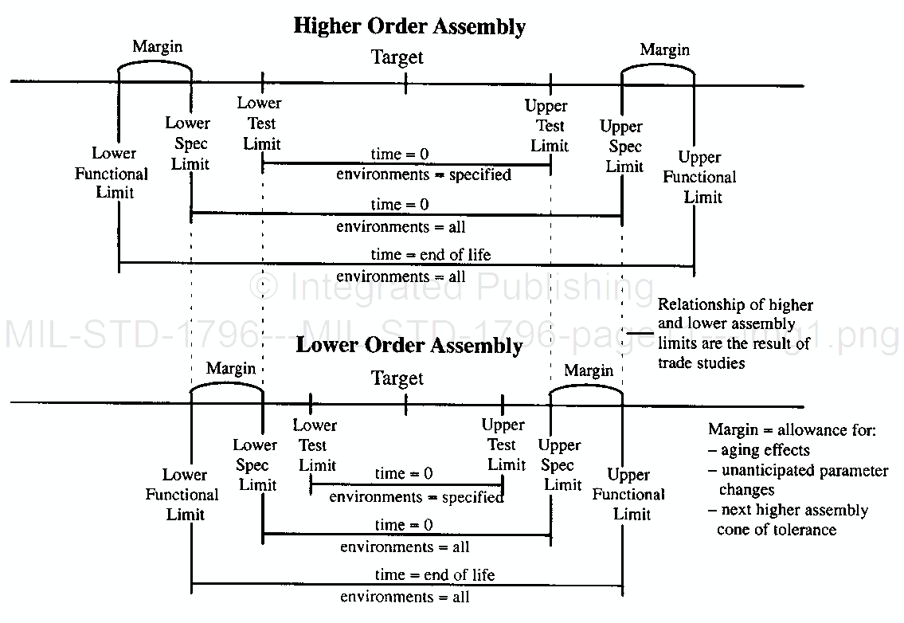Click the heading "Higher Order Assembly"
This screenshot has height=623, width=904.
(x=409, y=25)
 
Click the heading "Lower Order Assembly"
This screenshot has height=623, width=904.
(x=409, y=346)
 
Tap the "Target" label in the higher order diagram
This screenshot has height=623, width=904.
(x=397, y=57)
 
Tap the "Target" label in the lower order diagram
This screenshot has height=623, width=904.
(x=397, y=378)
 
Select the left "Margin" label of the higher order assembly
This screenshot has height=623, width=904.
(x=157, y=46)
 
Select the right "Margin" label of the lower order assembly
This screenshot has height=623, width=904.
(x=589, y=370)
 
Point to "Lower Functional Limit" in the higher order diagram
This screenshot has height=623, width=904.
(x=112, y=173)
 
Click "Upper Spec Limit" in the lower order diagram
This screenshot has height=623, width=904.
(x=560, y=464)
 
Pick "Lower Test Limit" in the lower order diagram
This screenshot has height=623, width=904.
(x=315, y=445)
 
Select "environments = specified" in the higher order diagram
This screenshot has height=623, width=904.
(x=424, y=174)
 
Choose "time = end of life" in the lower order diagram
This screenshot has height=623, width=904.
(x=434, y=574)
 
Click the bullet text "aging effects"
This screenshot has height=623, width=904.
(x=765, y=450)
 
